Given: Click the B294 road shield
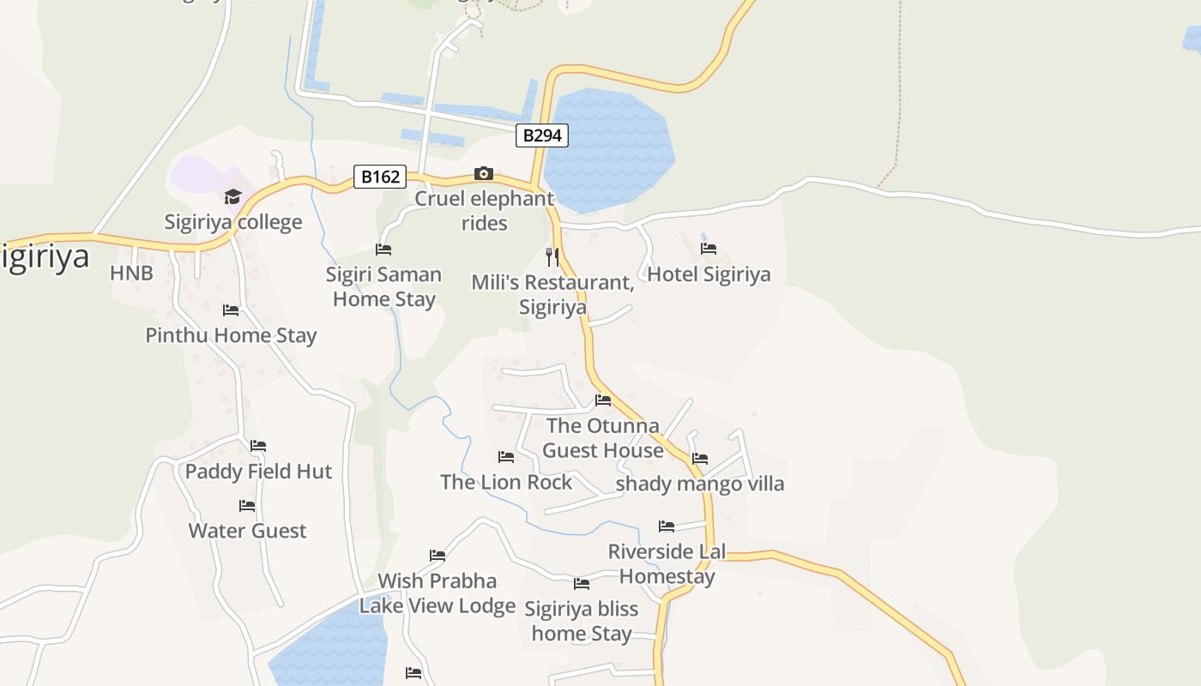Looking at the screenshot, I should pyautogui.click(x=542, y=135).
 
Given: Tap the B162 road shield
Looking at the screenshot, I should pyautogui.click(x=380, y=177).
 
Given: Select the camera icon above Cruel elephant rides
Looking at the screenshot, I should pyautogui.click(x=484, y=174).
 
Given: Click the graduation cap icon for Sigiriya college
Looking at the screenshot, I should pyautogui.click(x=232, y=197).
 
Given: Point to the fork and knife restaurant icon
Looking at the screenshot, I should pyautogui.click(x=553, y=256).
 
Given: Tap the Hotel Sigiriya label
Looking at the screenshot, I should pyautogui.click(x=709, y=274).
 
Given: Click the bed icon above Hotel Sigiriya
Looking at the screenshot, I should pyautogui.click(x=709, y=249).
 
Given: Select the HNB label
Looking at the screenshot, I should pyautogui.click(x=131, y=274).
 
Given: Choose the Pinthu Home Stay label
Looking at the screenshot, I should pyautogui.click(x=231, y=335).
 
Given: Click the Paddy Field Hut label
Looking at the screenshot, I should pyautogui.click(x=258, y=471).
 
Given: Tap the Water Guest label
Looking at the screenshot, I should pyautogui.click(x=247, y=531).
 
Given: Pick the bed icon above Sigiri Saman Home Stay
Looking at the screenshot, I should pyautogui.click(x=383, y=250).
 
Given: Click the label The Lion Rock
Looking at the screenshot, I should pyautogui.click(x=506, y=482).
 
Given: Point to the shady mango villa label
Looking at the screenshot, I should pyautogui.click(x=700, y=484).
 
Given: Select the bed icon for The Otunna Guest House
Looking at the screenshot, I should pyautogui.click(x=603, y=400).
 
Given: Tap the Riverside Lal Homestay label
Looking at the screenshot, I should pyautogui.click(x=667, y=564).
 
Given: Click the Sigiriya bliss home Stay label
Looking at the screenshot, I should pyautogui.click(x=582, y=621).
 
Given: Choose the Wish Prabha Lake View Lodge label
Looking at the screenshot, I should pyautogui.click(x=438, y=593).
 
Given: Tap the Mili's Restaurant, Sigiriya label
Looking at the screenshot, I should pyautogui.click(x=552, y=294).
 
